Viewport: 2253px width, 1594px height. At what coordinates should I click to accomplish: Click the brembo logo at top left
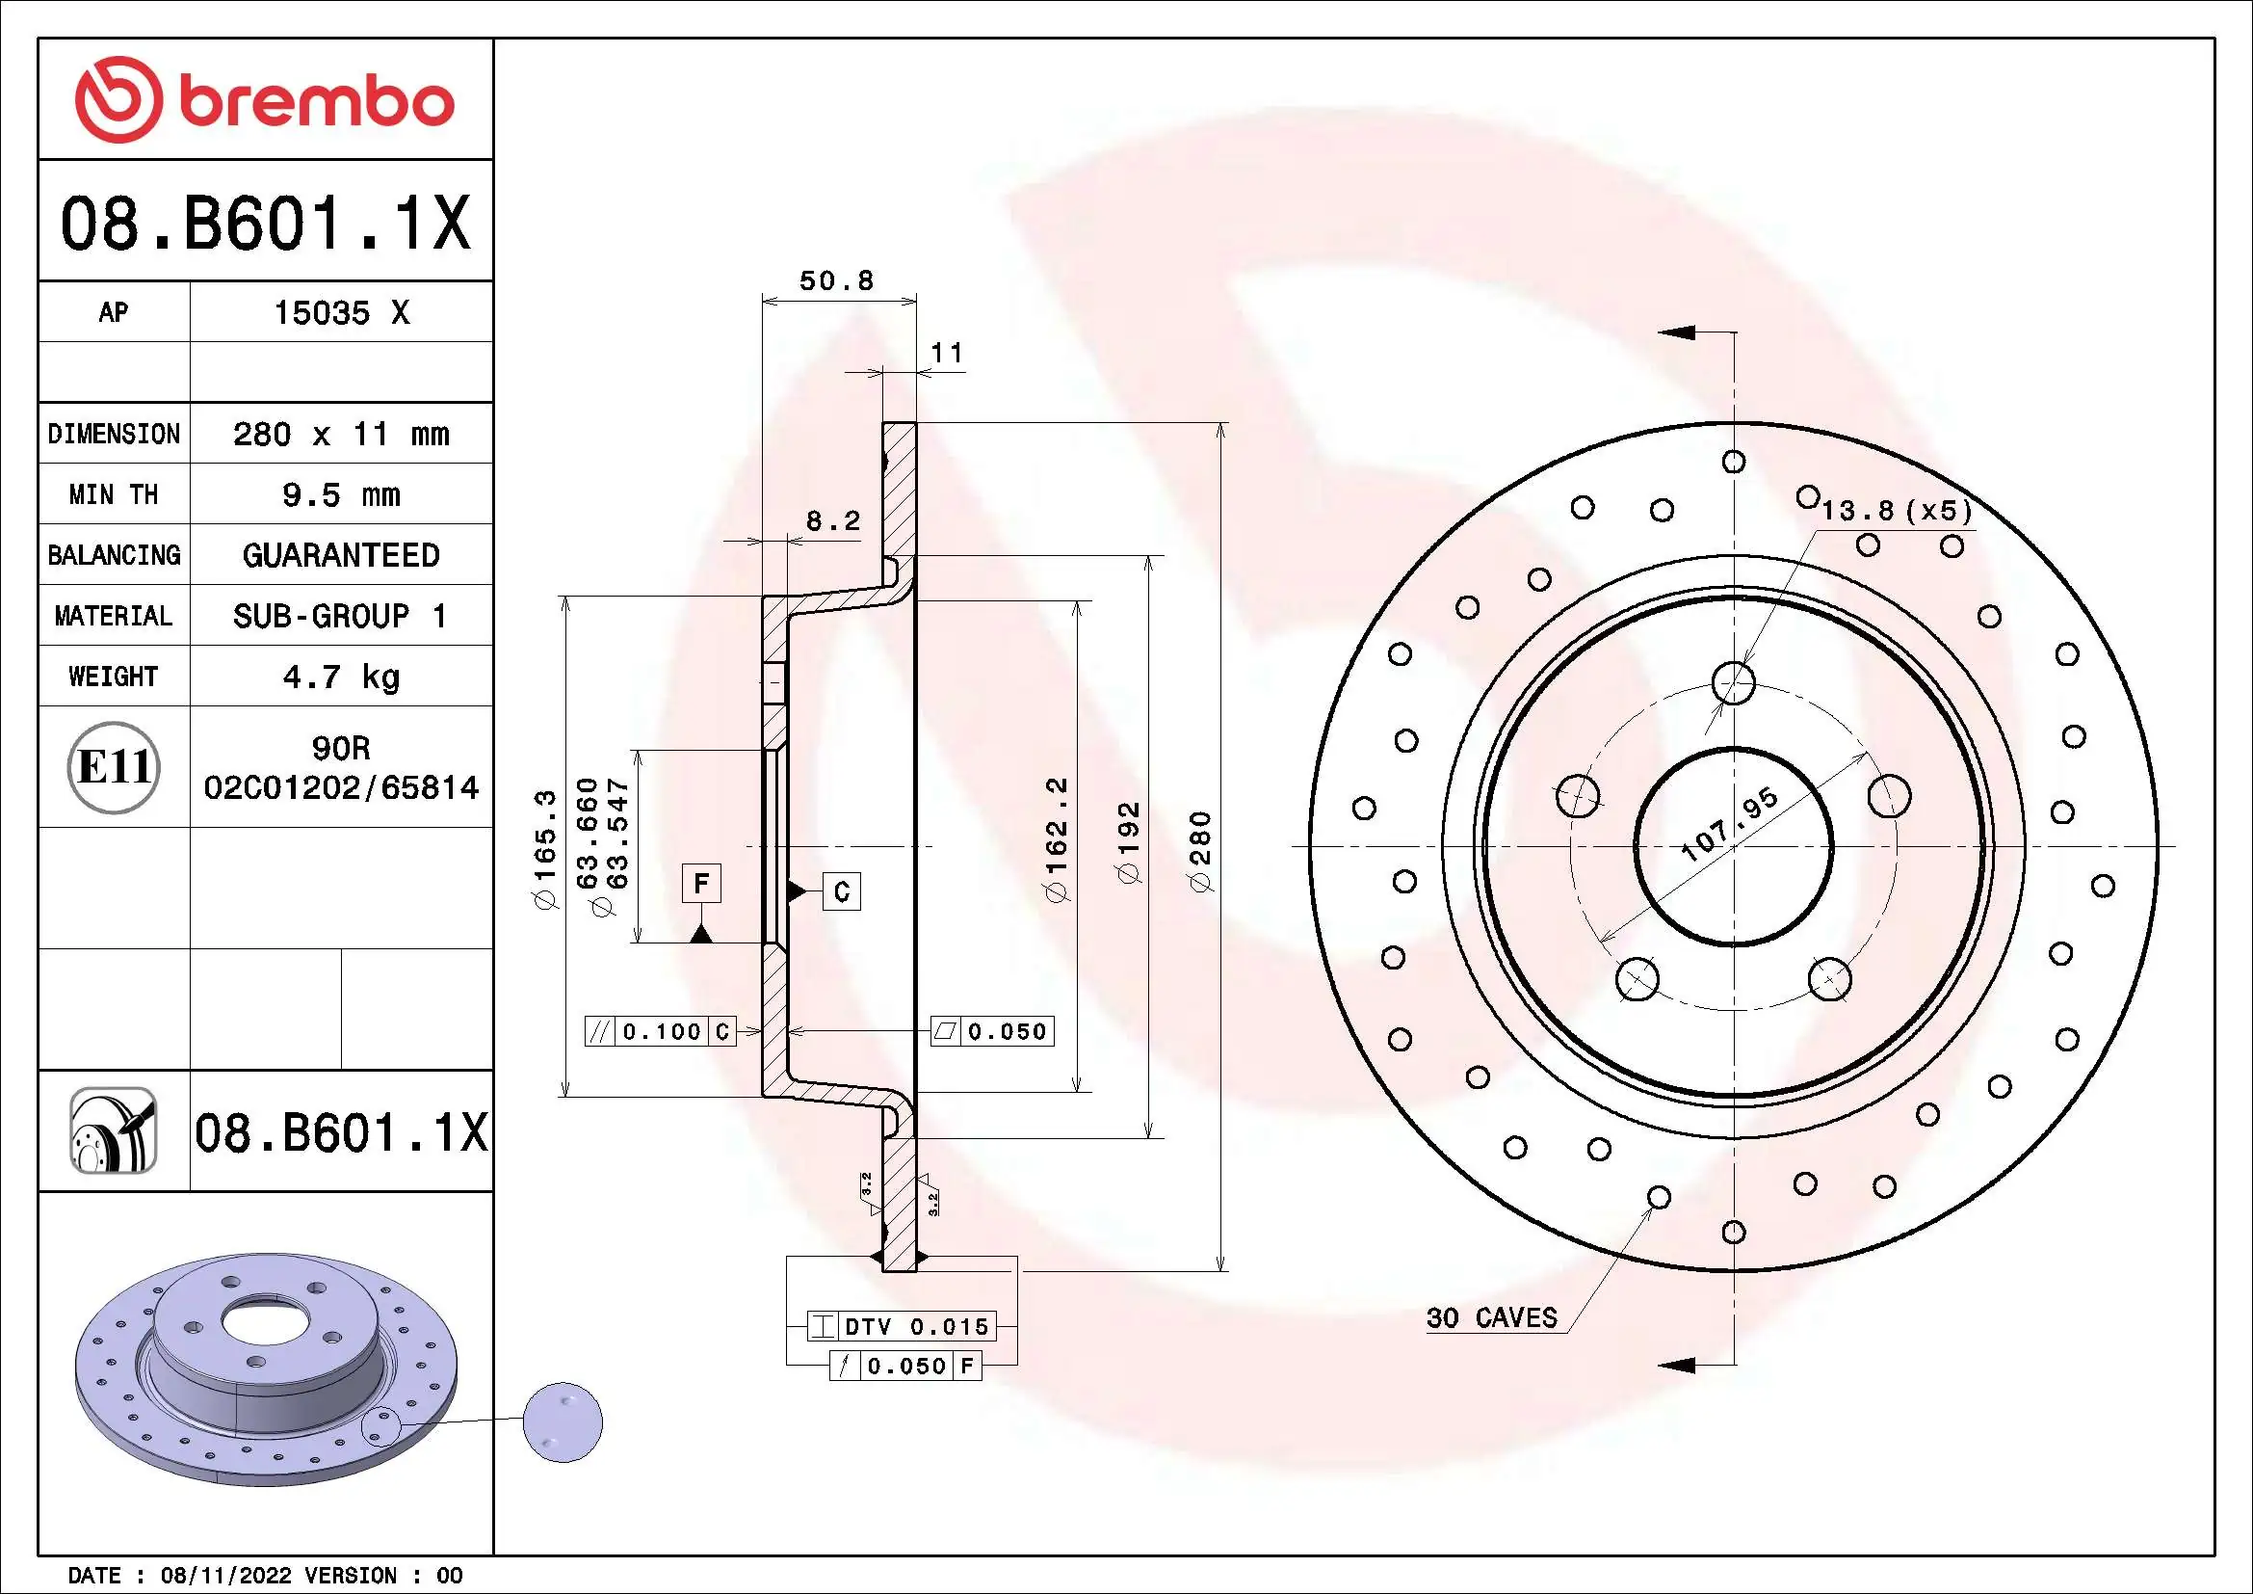(x=265, y=100)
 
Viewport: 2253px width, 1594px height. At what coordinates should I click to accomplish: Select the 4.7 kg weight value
(x=340, y=677)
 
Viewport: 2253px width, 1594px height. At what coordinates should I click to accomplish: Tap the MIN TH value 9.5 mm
(x=340, y=494)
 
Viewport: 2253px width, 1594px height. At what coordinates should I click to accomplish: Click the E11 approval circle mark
(x=114, y=767)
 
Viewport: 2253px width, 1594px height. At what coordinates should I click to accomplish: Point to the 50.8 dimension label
(x=836, y=280)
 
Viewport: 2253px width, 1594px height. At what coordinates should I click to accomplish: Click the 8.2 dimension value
(x=833, y=521)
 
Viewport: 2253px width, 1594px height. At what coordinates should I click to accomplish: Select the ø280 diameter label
(x=1201, y=851)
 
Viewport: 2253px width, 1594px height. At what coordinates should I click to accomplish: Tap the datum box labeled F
(x=700, y=884)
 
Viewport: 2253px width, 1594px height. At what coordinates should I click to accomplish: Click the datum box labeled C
(x=841, y=891)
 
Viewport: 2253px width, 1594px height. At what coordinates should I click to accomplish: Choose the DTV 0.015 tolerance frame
(x=901, y=1327)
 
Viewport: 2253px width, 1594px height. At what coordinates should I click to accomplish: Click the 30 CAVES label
(x=1491, y=1318)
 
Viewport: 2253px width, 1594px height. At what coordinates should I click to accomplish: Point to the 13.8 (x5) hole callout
(x=1896, y=511)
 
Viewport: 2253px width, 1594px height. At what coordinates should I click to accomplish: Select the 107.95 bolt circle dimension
(x=1729, y=825)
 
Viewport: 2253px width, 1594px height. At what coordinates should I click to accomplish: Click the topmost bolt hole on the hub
(x=1733, y=682)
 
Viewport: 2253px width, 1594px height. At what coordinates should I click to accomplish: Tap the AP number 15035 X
(x=340, y=313)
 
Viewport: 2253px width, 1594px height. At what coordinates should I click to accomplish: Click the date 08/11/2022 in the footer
(x=225, y=1576)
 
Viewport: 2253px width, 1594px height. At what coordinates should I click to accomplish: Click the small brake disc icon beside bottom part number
(x=114, y=1130)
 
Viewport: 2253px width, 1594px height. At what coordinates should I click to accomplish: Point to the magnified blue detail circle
(x=563, y=1422)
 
